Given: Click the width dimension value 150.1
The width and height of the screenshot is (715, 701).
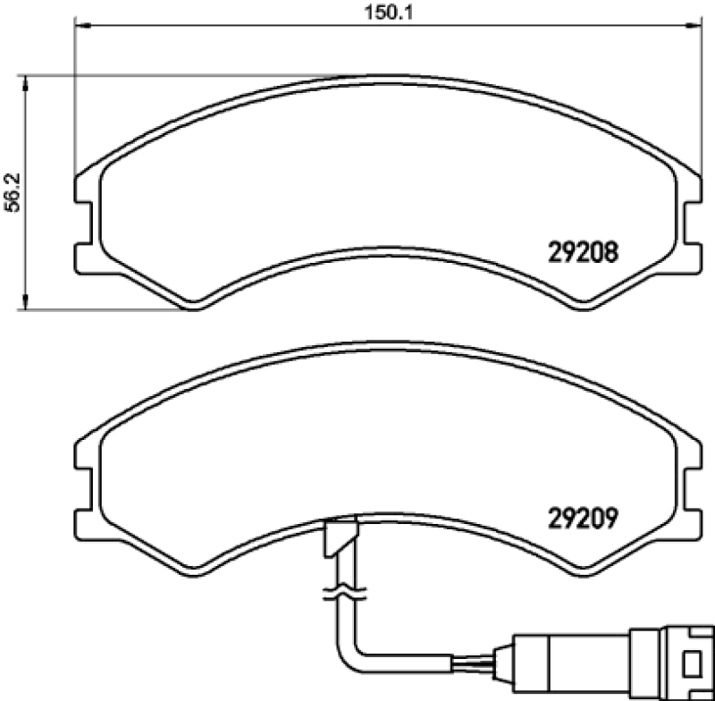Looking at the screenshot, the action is click(x=389, y=12).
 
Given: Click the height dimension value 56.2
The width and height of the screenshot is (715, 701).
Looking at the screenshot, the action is click(x=13, y=192).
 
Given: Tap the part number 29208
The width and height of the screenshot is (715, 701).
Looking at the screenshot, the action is click(x=583, y=253).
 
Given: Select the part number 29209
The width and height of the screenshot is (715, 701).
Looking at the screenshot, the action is click(x=583, y=518).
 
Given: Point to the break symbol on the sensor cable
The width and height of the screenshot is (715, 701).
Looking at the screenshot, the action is click(x=344, y=593).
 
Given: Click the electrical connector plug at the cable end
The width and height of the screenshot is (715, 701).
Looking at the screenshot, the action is click(x=612, y=663).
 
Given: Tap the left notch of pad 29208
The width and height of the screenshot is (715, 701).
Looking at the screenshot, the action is click(x=83, y=224).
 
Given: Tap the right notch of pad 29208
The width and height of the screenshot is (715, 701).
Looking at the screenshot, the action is click(x=693, y=224).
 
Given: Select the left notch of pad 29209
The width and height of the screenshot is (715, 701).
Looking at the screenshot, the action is click(x=83, y=488).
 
